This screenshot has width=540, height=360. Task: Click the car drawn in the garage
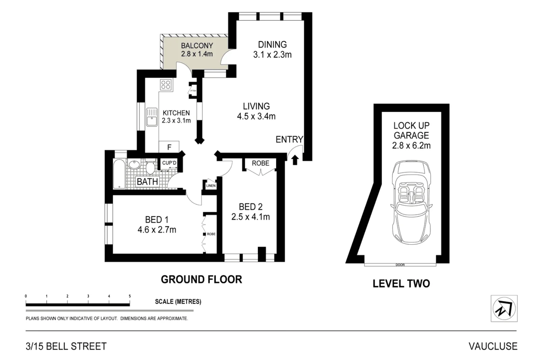[x=411, y=203]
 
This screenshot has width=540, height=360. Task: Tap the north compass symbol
[x=504, y=308]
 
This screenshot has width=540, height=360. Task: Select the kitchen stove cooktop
[x=166, y=85]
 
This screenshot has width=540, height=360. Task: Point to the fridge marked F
[x=169, y=147]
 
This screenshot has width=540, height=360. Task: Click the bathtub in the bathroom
[x=119, y=173]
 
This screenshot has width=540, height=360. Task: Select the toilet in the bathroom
[x=151, y=166]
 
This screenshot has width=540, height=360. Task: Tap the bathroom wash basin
[x=134, y=165]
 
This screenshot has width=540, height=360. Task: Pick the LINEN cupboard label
[x=211, y=186]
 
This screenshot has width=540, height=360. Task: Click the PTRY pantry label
[x=193, y=91]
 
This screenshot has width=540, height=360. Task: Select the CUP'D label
[x=169, y=163]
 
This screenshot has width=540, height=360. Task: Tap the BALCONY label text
[x=197, y=46]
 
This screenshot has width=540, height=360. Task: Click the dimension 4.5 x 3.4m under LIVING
[x=256, y=116]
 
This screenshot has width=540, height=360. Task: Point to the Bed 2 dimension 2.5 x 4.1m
[x=250, y=217]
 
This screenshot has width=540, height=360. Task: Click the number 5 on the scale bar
[x=130, y=296]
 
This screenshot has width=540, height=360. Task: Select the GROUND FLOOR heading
[x=201, y=279]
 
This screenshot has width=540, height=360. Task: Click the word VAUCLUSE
[x=493, y=346]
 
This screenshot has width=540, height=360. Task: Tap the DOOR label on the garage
[x=400, y=265]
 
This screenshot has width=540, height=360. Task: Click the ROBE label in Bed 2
[x=261, y=163]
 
